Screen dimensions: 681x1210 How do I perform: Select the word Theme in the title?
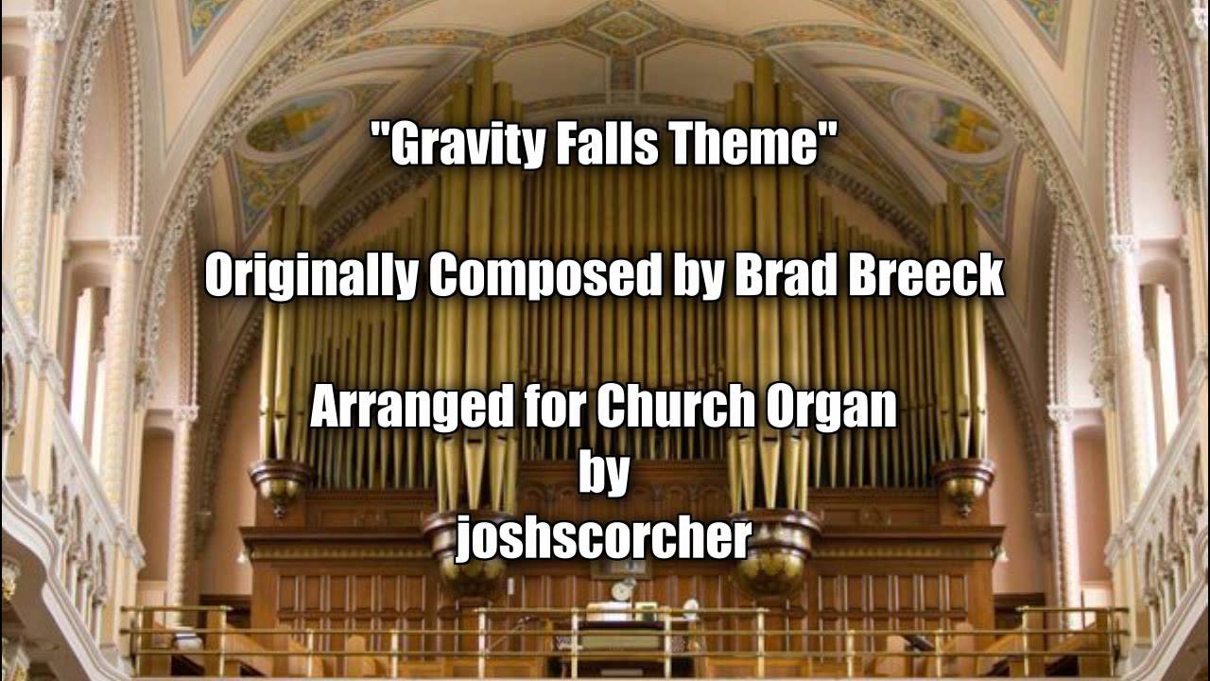tap(766, 146)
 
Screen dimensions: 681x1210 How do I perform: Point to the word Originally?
tap(312, 277)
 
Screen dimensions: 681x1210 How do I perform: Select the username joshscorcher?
tap(604, 539)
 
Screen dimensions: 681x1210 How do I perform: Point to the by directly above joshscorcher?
tap(603, 475)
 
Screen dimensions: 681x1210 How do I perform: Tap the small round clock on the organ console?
tap(622, 591)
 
